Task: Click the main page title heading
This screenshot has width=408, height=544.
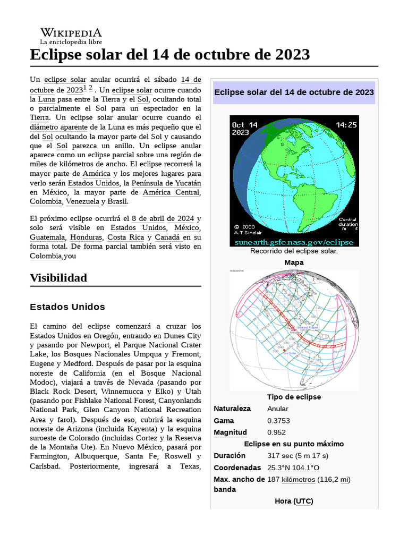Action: (170, 55)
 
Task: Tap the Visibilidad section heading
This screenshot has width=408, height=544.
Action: (58, 278)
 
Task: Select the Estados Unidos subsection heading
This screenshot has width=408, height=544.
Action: (67, 307)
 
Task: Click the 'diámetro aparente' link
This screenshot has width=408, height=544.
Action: (59, 127)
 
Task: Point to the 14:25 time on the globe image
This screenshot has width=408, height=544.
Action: (346, 125)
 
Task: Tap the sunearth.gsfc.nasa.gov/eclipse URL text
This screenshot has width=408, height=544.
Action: (294, 242)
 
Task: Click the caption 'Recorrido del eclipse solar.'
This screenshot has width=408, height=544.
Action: (294, 251)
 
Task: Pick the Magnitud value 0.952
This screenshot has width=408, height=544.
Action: (277, 432)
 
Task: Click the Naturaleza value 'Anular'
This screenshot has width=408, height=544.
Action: (278, 409)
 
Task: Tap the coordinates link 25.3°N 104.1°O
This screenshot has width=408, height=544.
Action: (293, 467)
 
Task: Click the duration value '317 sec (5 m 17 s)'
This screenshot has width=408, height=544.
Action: (297, 456)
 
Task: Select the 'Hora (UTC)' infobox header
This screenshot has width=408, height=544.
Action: (294, 501)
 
